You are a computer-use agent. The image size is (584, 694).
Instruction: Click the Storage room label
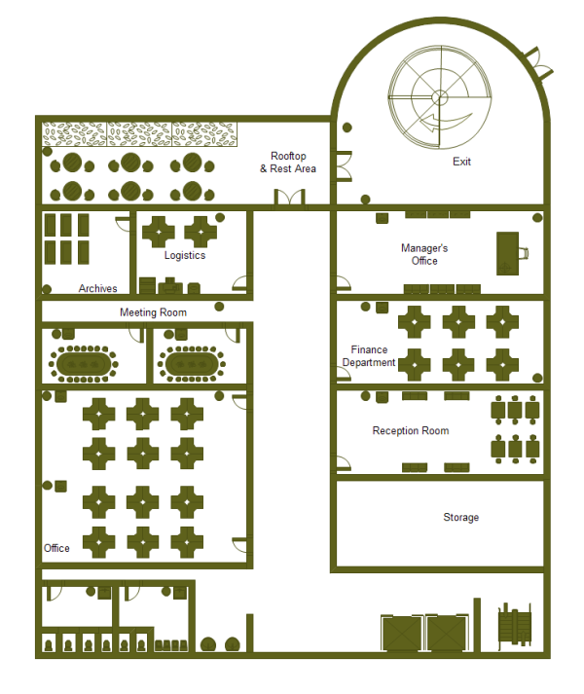click(x=461, y=518)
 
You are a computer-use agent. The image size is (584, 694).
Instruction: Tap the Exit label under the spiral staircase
click(x=461, y=162)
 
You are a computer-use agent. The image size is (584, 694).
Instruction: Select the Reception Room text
click(x=411, y=430)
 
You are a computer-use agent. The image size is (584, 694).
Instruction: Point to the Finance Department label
click(x=369, y=356)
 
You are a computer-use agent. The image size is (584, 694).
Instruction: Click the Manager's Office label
click(x=424, y=254)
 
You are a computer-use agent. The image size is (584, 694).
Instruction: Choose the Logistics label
click(x=185, y=255)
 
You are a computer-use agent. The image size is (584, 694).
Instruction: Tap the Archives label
click(x=98, y=288)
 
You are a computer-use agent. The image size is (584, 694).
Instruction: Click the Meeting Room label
click(x=153, y=312)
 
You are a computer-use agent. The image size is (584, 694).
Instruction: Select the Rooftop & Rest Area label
click(x=288, y=163)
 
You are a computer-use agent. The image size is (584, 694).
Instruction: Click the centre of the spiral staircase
click(x=440, y=97)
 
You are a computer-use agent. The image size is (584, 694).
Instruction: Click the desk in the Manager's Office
click(x=507, y=254)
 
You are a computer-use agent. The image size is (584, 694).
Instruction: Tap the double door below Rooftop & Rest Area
click(x=289, y=198)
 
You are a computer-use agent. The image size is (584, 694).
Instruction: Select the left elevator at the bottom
click(x=402, y=634)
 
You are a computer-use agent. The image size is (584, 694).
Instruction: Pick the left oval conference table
click(x=84, y=364)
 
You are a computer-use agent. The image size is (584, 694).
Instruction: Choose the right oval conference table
click(x=192, y=364)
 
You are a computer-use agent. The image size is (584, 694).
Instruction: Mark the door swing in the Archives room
click(x=123, y=224)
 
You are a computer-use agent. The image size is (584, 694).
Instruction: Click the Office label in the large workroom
click(x=56, y=548)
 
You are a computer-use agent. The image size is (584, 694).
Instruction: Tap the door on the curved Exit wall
click(x=538, y=64)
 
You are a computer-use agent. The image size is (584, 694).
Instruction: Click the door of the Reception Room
click(x=344, y=463)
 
